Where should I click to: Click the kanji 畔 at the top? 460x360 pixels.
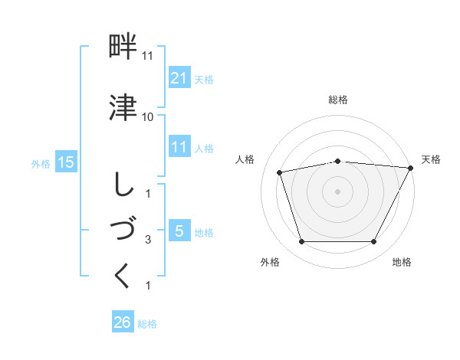123,48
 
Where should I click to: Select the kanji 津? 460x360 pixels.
123,107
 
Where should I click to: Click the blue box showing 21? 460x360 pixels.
179,77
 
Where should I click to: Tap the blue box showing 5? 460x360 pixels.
179,231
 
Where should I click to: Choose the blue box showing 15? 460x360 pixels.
66,162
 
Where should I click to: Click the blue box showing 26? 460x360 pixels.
123,322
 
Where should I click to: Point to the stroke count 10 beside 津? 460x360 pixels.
147,116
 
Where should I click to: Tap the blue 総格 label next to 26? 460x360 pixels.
147,324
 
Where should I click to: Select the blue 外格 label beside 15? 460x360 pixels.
41,163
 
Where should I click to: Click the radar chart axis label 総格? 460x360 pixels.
338,100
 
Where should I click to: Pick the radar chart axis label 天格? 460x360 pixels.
431,159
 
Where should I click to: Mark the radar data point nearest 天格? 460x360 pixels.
411,168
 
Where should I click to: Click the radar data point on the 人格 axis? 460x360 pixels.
280,172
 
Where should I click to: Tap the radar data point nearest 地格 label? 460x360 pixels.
374,242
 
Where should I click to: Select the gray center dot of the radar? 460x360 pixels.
338,191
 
